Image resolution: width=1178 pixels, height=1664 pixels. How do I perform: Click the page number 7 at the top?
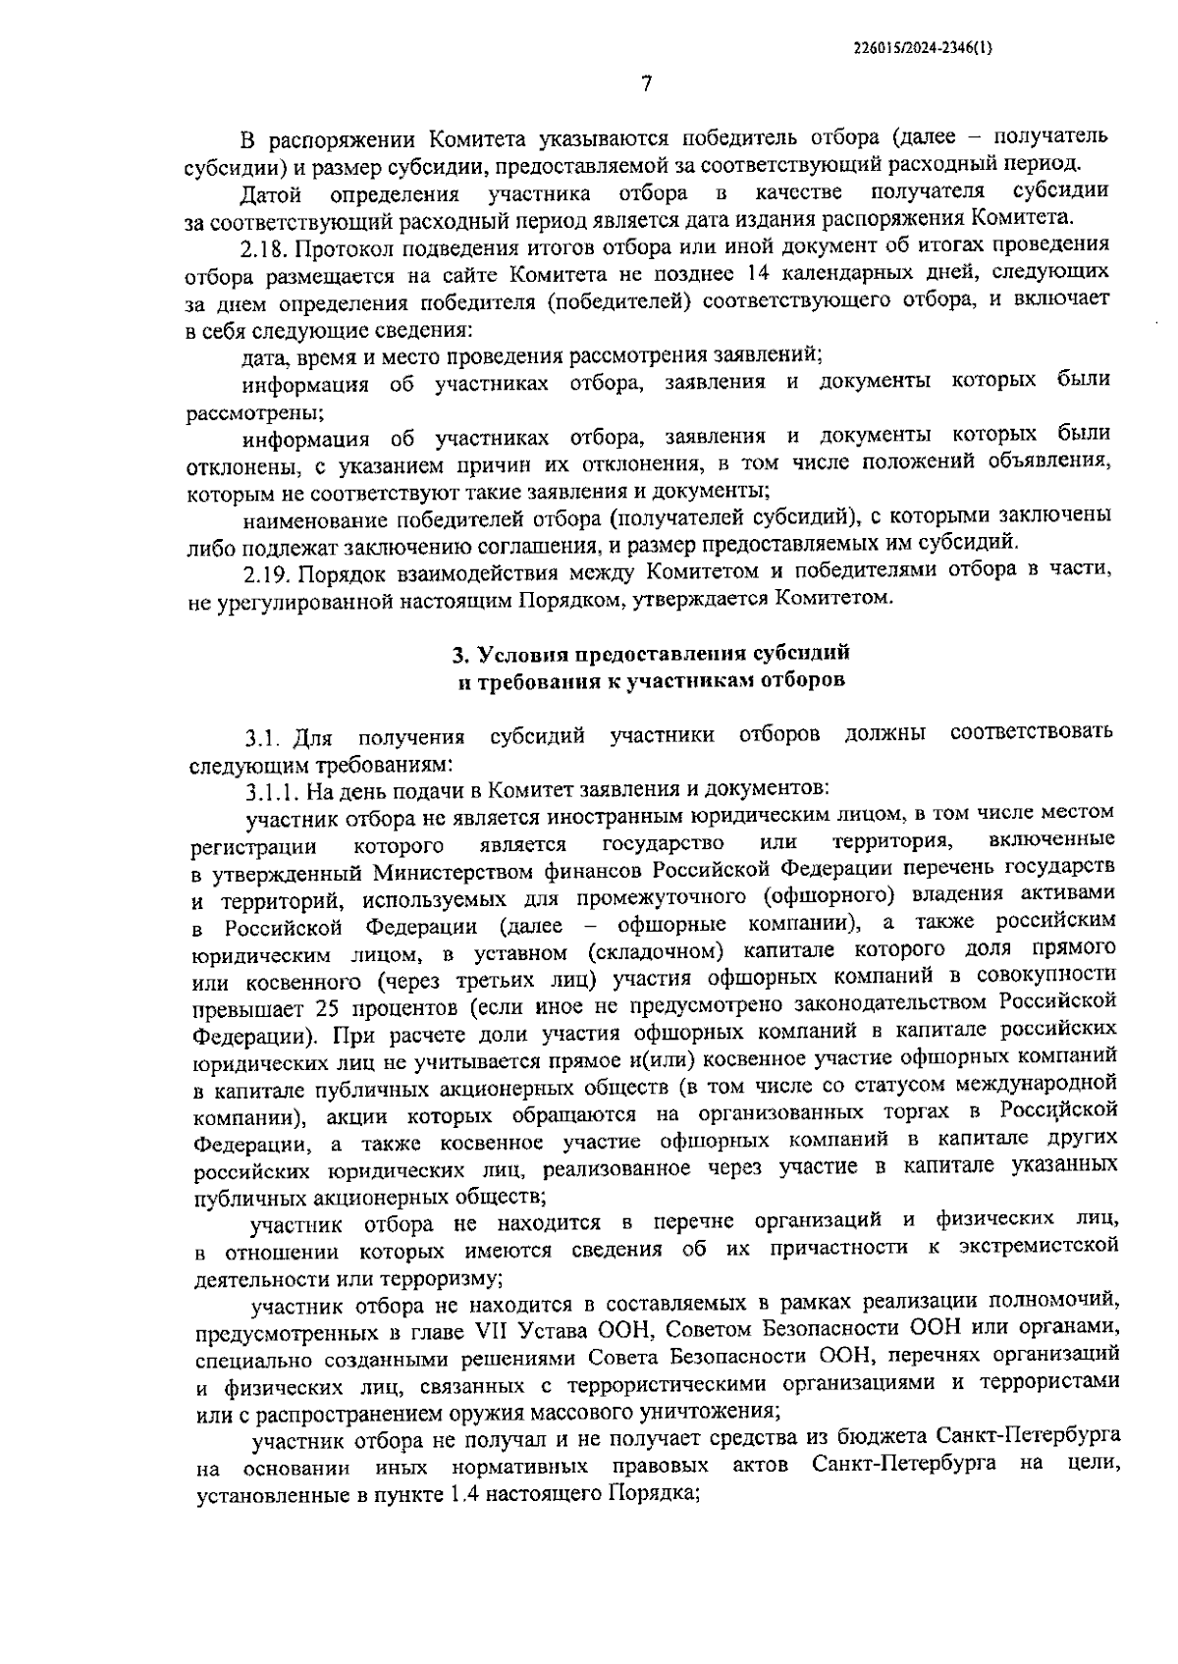click(x=646, y=84)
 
